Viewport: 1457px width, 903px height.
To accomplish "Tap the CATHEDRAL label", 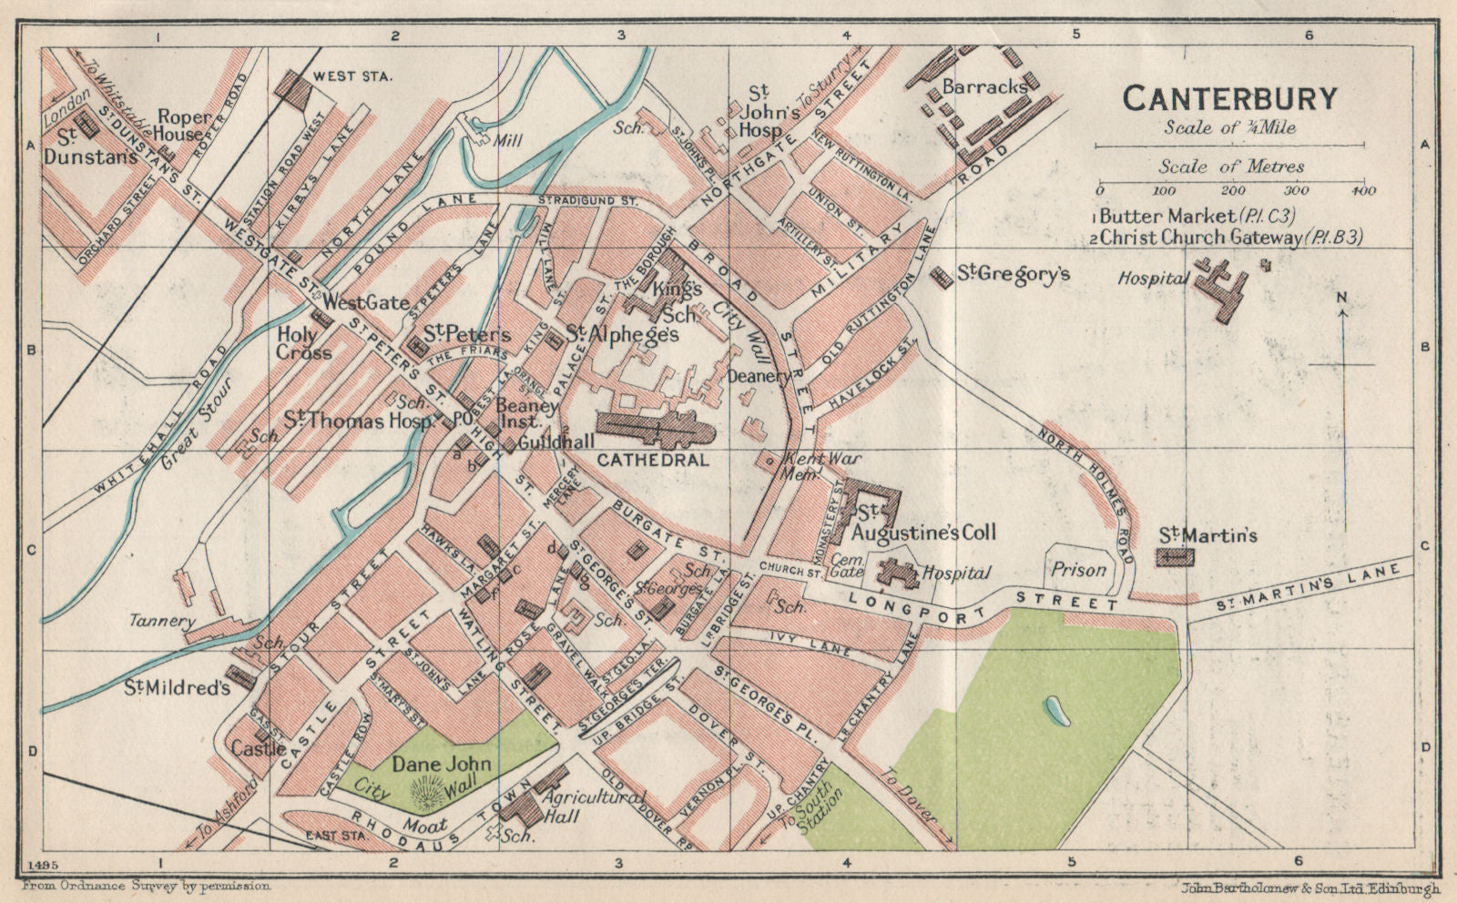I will pyautogui.click(x=652, y=461).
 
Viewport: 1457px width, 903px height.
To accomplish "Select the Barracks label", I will pyautogui.click(x=985, y=88).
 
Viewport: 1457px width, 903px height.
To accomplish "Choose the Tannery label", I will pyautogui.click(x=163, y=622).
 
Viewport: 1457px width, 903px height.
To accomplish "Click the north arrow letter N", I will pyautogui.click(x=1343, y=298).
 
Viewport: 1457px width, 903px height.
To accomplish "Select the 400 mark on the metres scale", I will pyautogui.click(x=1363, y=191).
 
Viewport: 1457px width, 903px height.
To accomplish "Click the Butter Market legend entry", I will pyautogui.click(x=1196, y=217).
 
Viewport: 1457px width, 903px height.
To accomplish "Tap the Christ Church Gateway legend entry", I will pyautogui.click(x=1229, y=238).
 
